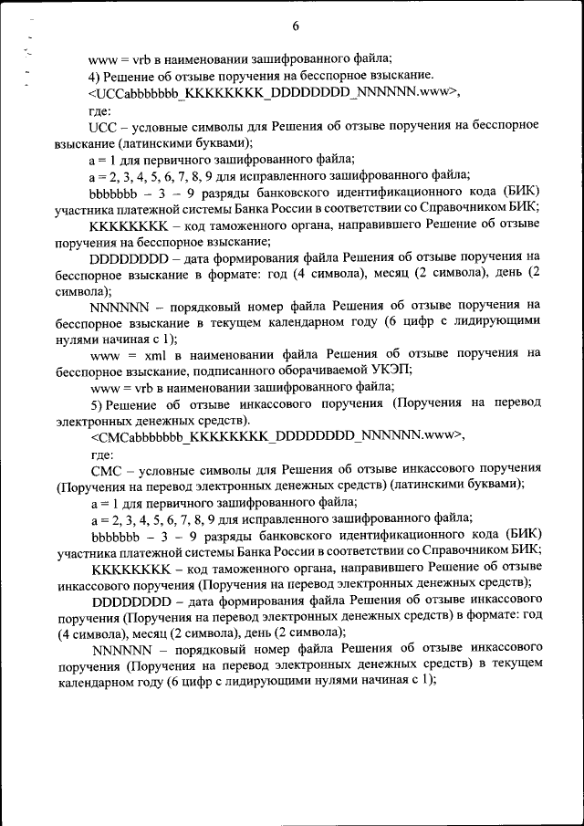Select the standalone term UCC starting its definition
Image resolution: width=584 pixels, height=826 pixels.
103,124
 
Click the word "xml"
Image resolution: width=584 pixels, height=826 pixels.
147,353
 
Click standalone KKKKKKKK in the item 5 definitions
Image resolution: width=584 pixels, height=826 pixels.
129,567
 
